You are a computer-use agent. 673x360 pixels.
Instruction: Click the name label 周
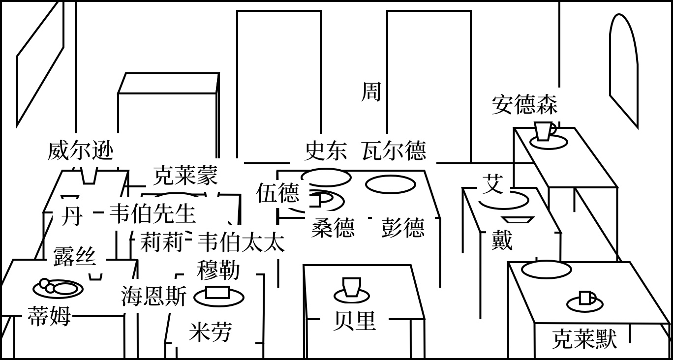[371, 91]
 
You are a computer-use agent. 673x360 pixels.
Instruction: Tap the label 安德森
[524, 105]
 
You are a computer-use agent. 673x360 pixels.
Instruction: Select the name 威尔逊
[80, 150]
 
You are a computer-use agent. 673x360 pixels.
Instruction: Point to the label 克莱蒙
[185, 175]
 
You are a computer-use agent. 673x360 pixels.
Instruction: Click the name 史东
[326, 150]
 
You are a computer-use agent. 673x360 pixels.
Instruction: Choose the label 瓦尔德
[394, 150]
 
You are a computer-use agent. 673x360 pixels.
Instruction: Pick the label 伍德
[277, 193]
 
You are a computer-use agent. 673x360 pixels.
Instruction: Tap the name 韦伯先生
[152, 213]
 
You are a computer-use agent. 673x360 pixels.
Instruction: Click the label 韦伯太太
[241, 242]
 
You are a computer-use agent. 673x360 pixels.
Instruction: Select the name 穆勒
[218, 270]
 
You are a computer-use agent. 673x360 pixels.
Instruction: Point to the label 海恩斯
[154, 297]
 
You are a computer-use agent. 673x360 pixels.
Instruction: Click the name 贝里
[354, 321]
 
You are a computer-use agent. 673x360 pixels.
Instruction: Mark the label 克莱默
[584, 339]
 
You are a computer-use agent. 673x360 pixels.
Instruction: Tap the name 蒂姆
[49, 316]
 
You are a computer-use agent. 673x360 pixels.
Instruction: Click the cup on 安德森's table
[544, 132]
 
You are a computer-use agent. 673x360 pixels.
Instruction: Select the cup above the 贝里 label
[351, 287]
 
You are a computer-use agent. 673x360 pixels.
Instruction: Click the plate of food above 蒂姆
[58, 288]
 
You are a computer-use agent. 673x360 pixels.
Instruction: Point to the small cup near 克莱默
[585, 298]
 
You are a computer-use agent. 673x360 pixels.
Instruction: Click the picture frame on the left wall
[40, 64]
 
